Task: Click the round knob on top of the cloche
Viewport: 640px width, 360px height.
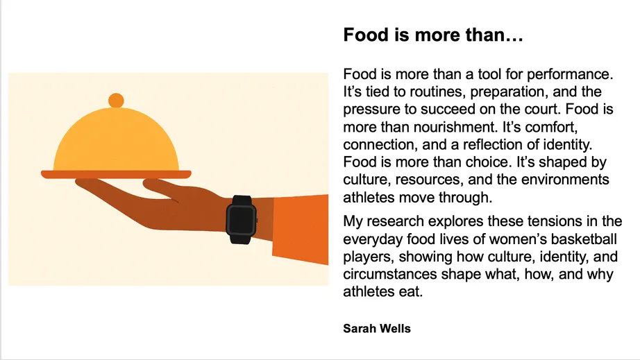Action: coord(116,100)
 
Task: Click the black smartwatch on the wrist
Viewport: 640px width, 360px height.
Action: coord(242,219)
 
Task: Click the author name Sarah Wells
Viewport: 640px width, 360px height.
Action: coord(377,328)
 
